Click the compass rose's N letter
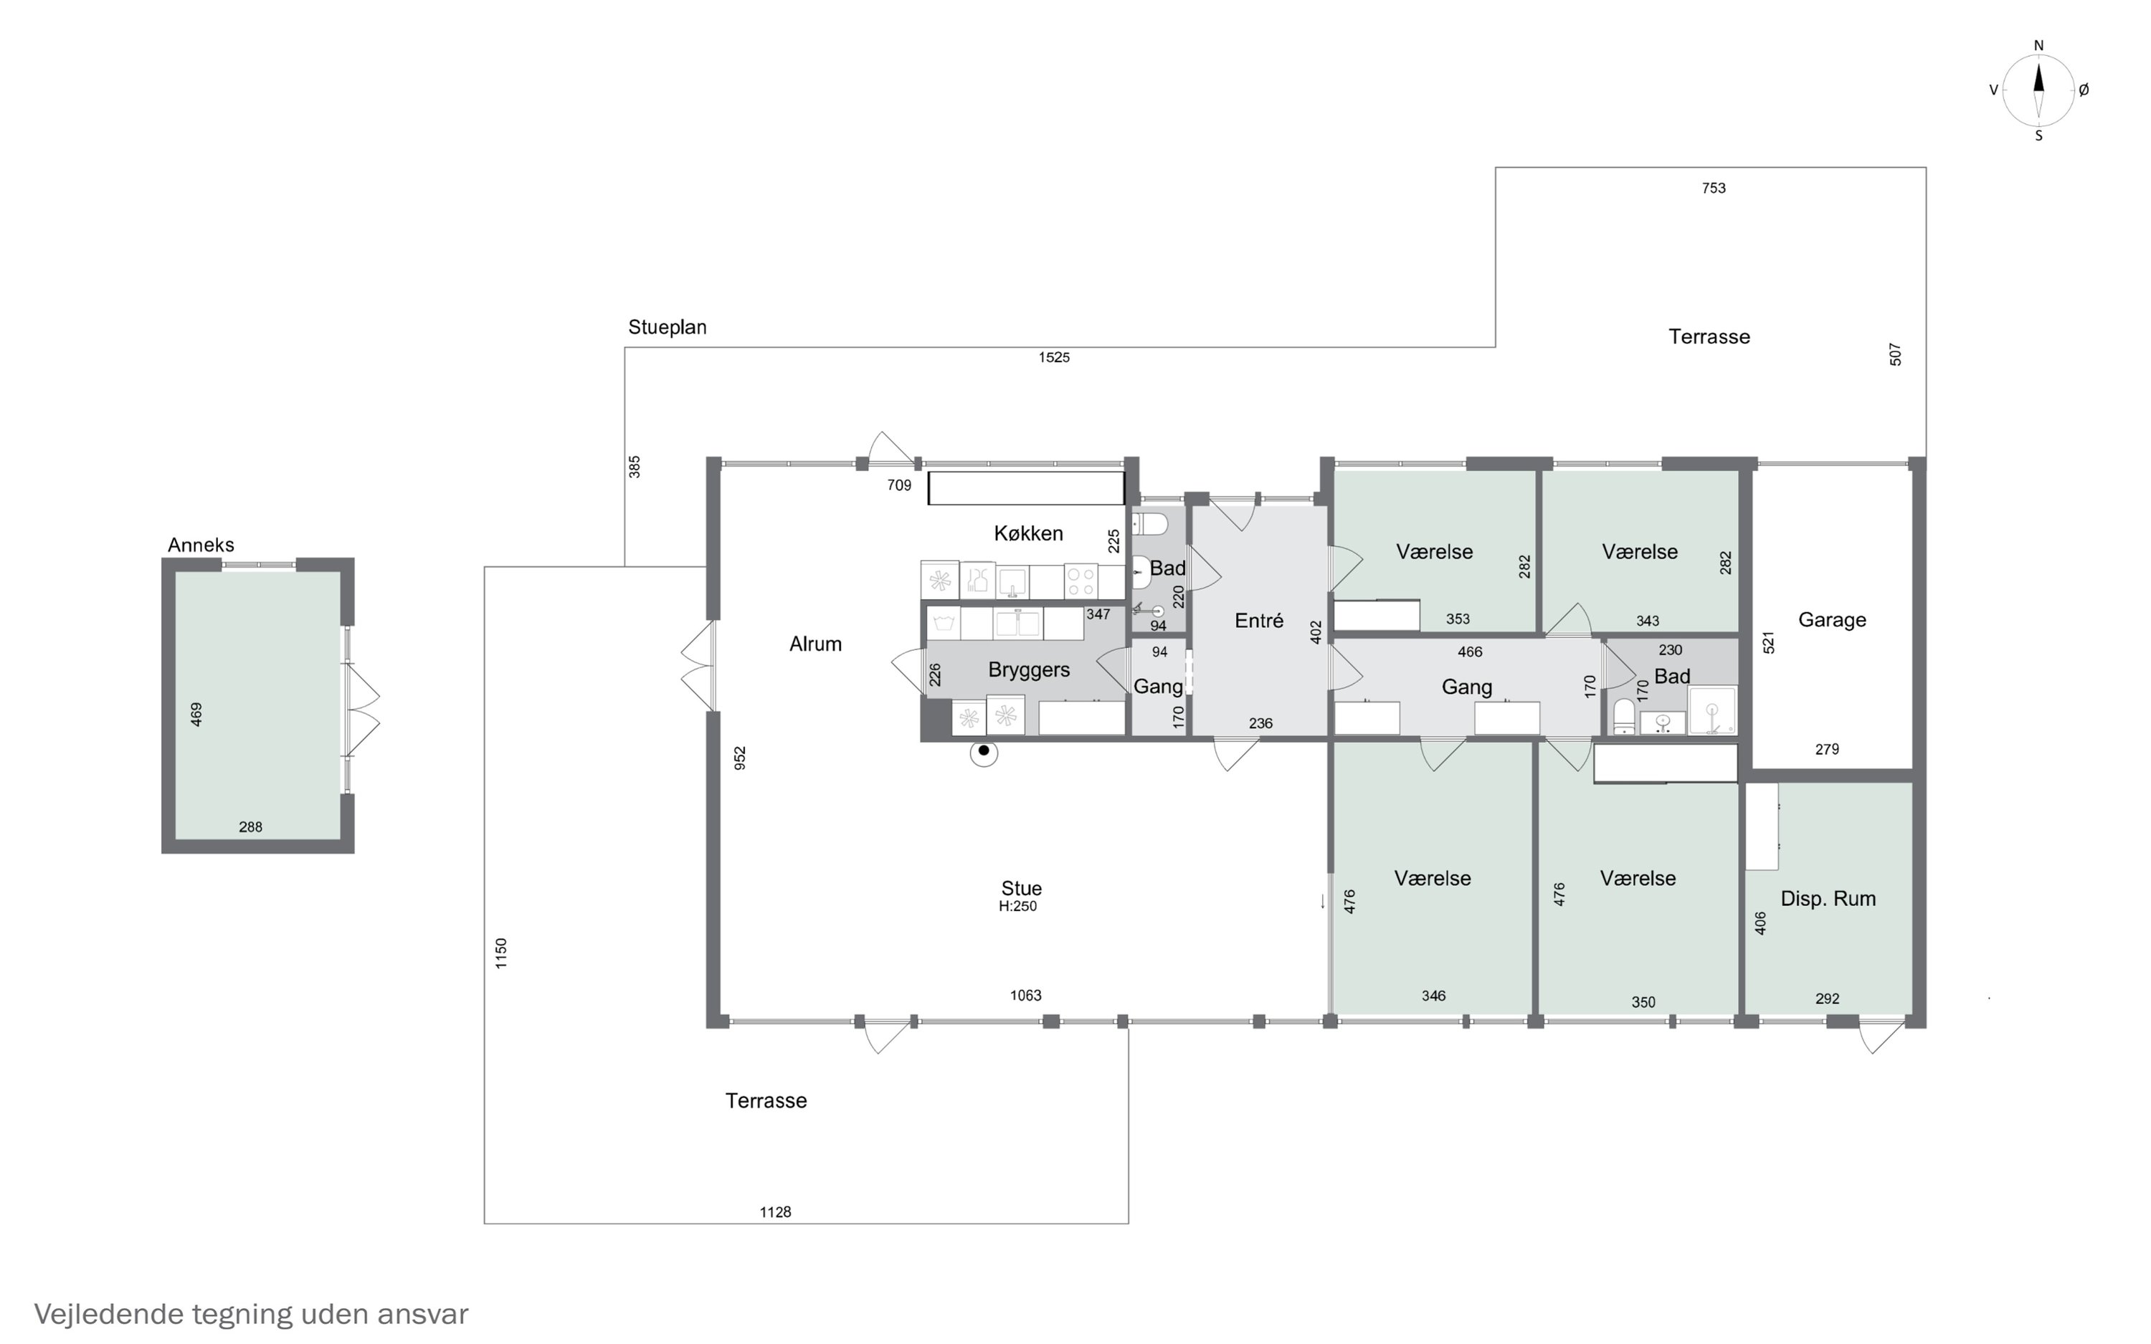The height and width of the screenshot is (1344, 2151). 2039,45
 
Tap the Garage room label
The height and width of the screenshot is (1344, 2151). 1832,619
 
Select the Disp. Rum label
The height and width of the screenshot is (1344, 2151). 1828,899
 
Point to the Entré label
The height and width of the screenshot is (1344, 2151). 1258,621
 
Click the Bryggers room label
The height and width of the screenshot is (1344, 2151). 1028,670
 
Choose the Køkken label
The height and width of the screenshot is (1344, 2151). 1028,533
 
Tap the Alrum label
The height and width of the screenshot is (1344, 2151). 815,644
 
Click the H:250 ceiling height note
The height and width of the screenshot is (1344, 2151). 1017,907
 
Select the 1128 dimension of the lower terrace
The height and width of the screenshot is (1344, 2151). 775,1211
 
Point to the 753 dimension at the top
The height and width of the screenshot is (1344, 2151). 1714,188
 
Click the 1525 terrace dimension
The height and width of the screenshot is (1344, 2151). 1054,358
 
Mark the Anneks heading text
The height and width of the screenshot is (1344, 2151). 201,545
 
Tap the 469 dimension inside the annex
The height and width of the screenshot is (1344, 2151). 196,714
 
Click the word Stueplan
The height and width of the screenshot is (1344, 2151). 668,327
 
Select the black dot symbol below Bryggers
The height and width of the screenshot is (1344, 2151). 984,751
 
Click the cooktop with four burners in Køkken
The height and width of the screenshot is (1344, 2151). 1081,581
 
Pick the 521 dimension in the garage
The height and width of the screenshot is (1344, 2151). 1769,643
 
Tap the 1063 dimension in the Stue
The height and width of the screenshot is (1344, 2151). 1026,996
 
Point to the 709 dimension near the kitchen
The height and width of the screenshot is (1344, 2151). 900,485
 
